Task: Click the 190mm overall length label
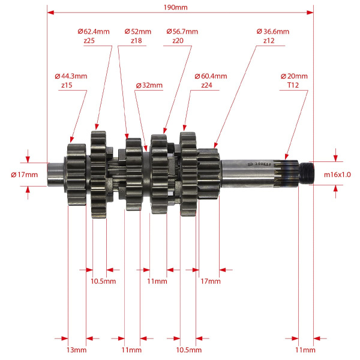tap(175, 7)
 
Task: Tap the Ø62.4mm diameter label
tap(94, 31)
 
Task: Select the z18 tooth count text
tap(136, 41)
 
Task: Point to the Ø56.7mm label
tap(182, 31)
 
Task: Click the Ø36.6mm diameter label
tap(273, 31)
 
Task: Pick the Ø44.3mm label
tap(71, 76)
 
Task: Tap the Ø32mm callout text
tap(149, 85)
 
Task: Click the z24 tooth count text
tap(206, 85)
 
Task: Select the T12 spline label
tap(293, 85)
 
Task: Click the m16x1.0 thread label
tap(337, 175)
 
